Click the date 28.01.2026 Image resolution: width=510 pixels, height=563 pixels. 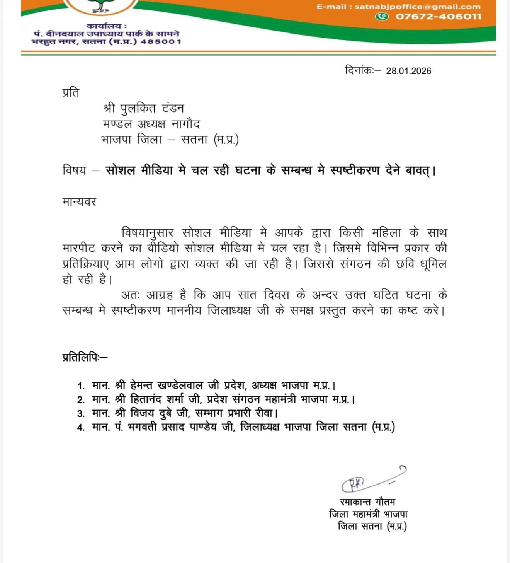click(x=408, y=71)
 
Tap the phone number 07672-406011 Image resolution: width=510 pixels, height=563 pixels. click(x=439, y=17)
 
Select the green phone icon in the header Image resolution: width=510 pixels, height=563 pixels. click(x=382, y=17)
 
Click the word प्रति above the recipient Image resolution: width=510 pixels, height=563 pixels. click(x=71, y=93)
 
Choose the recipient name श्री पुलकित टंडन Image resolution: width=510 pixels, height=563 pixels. click(x=143, y=108)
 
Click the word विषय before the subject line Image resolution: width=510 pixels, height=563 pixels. click(x=74, y=170)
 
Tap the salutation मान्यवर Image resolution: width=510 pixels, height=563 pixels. click(x=79, y=202)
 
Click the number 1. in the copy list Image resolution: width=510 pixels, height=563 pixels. click(x=81, y=386)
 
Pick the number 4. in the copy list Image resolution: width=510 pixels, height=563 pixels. click(x=81, y=428)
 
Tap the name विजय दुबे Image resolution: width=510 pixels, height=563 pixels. click(x=152, y=413)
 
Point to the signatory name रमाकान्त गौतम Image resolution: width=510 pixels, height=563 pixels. click(x=367, y=502)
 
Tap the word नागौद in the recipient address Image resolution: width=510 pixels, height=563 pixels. click(x=186, y=124)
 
